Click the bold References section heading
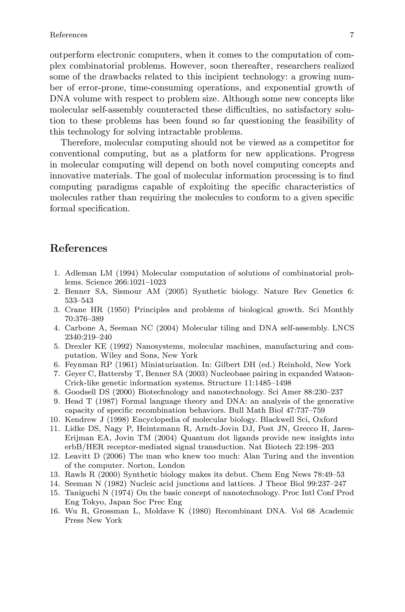[x=78, y=248]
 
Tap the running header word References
[x=69, y=35]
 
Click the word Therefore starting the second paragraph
[x=80, y=143]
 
